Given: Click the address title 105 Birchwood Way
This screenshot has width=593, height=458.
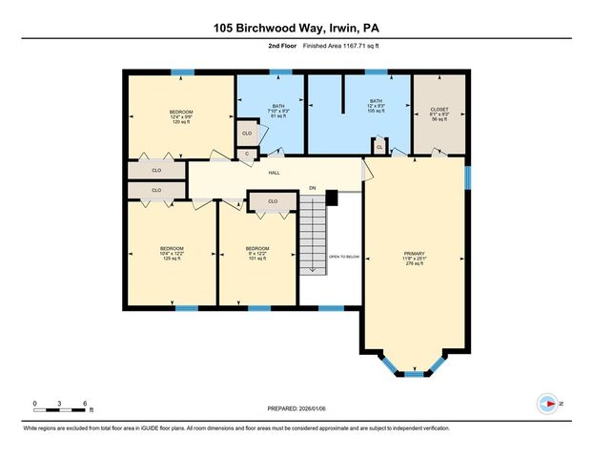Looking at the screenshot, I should (296, 29).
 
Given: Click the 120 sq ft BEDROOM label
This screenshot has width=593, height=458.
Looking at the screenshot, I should (181, 117).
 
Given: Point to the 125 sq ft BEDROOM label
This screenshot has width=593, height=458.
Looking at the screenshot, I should (172, 253).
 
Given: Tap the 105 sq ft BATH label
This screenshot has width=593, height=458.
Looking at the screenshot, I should (376, 105).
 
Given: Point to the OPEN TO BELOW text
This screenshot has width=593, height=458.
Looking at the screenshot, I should (343, 257).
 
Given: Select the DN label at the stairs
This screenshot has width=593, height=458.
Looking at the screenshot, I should (312, 189).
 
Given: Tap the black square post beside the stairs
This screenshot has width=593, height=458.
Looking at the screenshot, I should (332, 198).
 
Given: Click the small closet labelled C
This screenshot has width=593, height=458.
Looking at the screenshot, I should (247, 154).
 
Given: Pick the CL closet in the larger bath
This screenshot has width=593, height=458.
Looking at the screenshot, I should (378, 147).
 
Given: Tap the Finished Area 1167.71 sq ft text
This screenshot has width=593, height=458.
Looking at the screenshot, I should (338, 45).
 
